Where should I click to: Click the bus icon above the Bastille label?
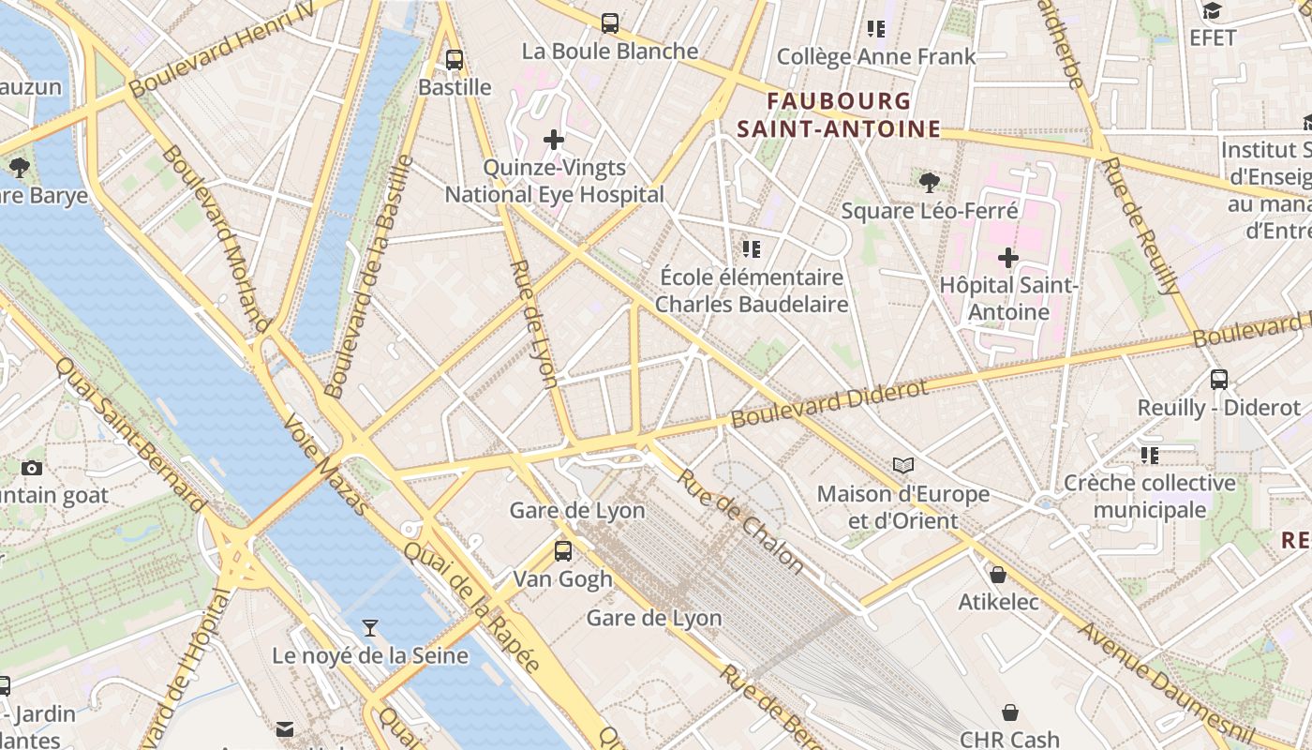455,60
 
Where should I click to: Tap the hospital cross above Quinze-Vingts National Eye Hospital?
554,141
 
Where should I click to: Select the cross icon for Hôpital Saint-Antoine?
1008,257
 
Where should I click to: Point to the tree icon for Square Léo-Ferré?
929,182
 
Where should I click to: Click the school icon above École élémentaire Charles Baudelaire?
751,249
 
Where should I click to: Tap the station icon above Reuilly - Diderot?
1218,380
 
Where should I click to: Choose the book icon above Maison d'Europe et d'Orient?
903,465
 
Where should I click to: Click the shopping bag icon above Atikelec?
998,574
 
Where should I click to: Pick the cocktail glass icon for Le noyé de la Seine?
370,627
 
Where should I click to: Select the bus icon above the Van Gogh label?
562,551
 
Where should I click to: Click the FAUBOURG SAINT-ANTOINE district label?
838,115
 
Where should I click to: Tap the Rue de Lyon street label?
534,322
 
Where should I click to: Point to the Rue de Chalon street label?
740,520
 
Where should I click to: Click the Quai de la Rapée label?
472,605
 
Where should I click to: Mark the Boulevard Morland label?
216,238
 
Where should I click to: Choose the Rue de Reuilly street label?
1139,225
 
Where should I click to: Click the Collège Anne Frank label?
876,56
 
